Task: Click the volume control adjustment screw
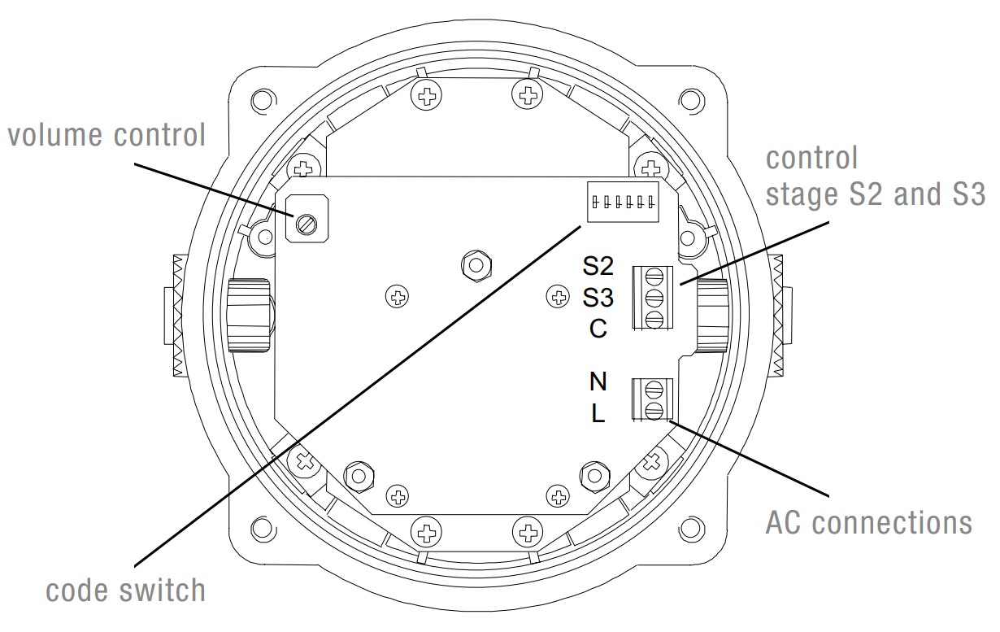(x=307, y=224)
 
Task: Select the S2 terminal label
(x=598, y=267)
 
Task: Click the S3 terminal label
(x=598, y=298)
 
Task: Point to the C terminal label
(x=598, y=329)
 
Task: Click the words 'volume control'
(x=107, y=135)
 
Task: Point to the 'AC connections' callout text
(x=868, y=523)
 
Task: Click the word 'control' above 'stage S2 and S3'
(x=811, y=158)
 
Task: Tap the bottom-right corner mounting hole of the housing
(x=689, y=528)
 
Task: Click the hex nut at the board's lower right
(x=593, y=474)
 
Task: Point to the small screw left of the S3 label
(x=559, y=297)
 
